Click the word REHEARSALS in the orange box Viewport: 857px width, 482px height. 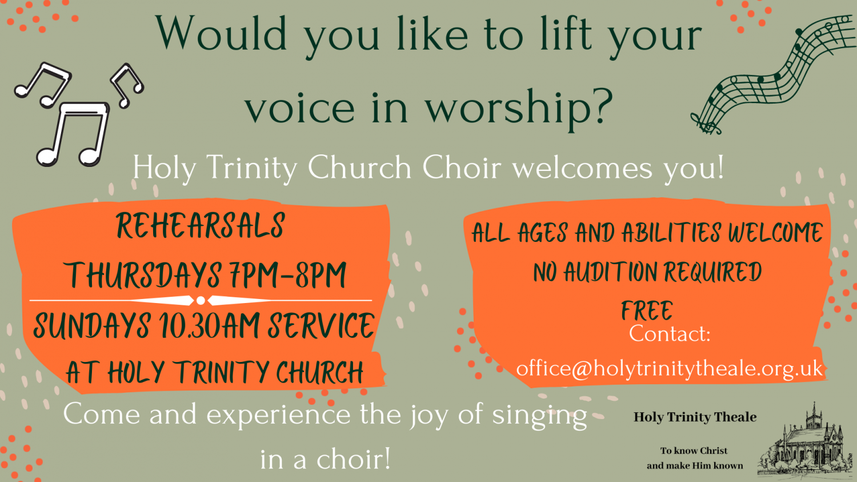click(x=201, y=225)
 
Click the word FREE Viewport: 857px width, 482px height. click(x=647, y=310)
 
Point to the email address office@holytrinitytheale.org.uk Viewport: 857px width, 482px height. click(x=670, y=369)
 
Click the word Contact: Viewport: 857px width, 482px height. click(x=670, y=333)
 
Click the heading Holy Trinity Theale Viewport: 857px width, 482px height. click(x=695, y=417)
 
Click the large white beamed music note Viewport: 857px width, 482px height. click(x=73, y=134)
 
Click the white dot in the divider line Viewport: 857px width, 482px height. click(x=201, y=301)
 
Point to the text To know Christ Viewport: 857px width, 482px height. click(x=694, y=451)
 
